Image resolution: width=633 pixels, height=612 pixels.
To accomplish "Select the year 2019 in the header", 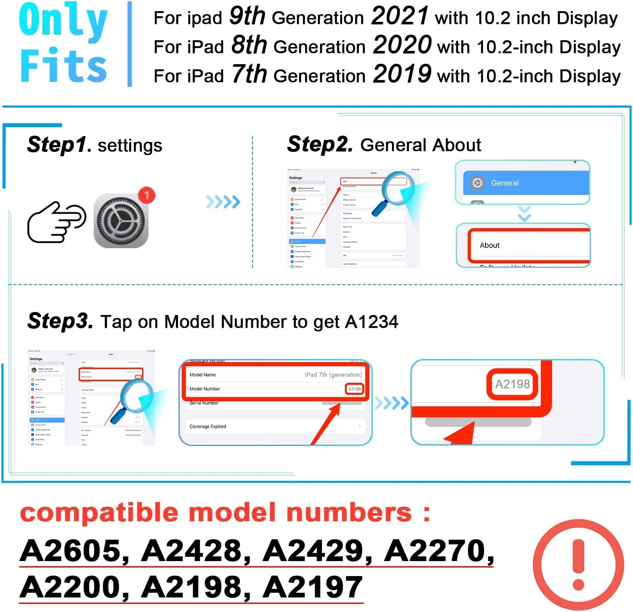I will click(x=402, y=74).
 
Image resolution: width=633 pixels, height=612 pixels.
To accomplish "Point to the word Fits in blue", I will click(x=63, y=65).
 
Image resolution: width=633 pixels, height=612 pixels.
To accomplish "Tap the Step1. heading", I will click(x=59, y=145).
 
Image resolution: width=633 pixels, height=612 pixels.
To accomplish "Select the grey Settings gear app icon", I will click(x=121, y=221).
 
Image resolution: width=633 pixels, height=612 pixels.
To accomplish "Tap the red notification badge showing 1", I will click(x=146, y=195).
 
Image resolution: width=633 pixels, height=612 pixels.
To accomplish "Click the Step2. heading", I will click(x=320, y=144).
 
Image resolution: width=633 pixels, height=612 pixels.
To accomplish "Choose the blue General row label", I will click(x=504, y=183).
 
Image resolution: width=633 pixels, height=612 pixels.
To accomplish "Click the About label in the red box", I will click(x=490, y=245).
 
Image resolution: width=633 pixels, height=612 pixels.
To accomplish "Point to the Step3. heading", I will click(x=60, y=321).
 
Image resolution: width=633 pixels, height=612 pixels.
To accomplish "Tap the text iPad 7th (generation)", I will click(x=333, y=375).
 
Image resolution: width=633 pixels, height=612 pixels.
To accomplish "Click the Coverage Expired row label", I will click(x=208, y=427).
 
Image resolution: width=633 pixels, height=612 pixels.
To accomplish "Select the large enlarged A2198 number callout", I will click(x=512, y=384).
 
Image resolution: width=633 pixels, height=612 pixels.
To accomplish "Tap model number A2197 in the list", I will click(x=313, y=587).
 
